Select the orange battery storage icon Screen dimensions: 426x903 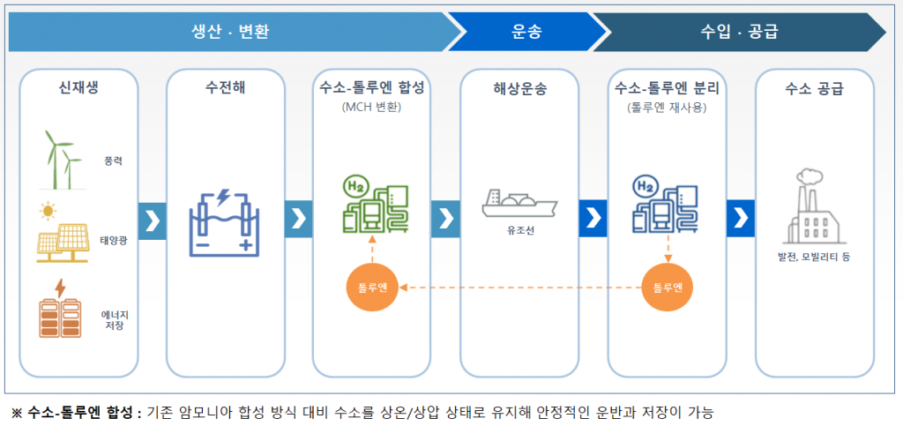tap(58, 310)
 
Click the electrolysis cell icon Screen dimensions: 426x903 tap(225, 219)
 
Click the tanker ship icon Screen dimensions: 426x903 tap(519, 205)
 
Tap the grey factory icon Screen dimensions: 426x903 tap(814, 207)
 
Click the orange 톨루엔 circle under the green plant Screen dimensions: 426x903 tap(372, 287)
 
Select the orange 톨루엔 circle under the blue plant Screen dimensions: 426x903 tap(668, 287)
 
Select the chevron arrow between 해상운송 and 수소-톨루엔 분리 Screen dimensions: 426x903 tap(593, 218)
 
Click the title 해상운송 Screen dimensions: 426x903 tap(519, 88)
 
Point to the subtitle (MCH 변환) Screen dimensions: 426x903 tap(372, 108)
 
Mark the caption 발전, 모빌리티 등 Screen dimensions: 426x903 tap(814, 257)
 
